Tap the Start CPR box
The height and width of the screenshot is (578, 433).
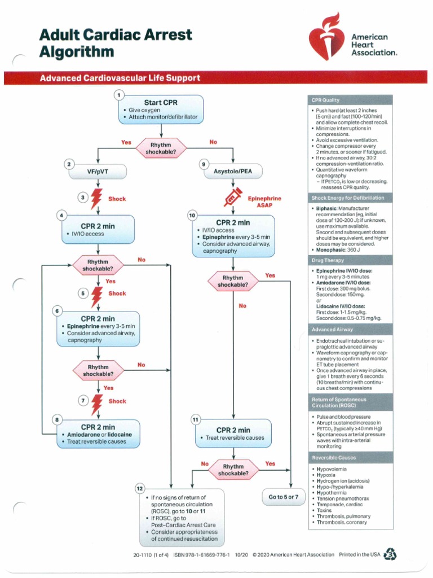[161, 110]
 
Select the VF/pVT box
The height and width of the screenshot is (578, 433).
[98, 171]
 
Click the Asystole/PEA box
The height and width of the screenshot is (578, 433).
[233, 171]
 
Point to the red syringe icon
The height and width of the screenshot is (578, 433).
[232, 198]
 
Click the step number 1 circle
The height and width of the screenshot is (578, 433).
[119, 95]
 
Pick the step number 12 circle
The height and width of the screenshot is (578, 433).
[140, 487]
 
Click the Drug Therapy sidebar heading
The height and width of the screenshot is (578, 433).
[326, 261]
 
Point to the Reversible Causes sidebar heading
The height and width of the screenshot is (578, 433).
[332, 457]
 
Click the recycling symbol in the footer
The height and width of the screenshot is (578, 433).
[390, 555]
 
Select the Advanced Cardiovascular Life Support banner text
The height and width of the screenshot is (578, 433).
[120, 78]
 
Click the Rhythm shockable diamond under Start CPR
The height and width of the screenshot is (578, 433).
[160, 149]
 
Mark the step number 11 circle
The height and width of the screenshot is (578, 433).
[196, 419]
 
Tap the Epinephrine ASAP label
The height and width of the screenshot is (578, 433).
[264, 202]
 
